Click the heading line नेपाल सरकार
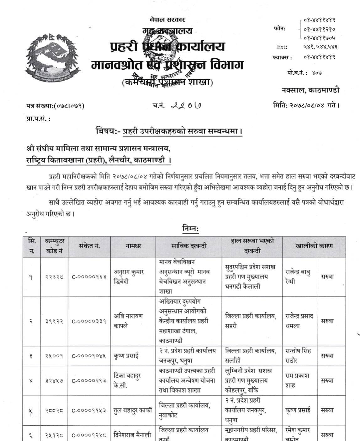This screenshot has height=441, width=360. [167, 20]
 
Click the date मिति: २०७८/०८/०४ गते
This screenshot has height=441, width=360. [306, 105]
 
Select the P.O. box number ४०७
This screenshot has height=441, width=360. [317, 73]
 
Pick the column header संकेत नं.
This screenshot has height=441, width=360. [90, 246]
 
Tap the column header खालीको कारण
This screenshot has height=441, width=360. [314, 246]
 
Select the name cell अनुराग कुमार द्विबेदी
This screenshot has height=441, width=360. [129, 277]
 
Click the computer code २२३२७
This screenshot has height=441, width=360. [54, 277]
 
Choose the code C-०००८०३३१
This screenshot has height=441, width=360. [89, 321]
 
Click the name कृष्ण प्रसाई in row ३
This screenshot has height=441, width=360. [126, 356]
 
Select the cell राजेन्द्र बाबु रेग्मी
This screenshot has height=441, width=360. [298, 277]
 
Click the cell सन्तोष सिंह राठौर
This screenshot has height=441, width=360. [298, 356]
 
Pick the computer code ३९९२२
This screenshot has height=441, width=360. [54, 321]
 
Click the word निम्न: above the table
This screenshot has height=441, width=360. [191, 229]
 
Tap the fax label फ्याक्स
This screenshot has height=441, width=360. [282, 57]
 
